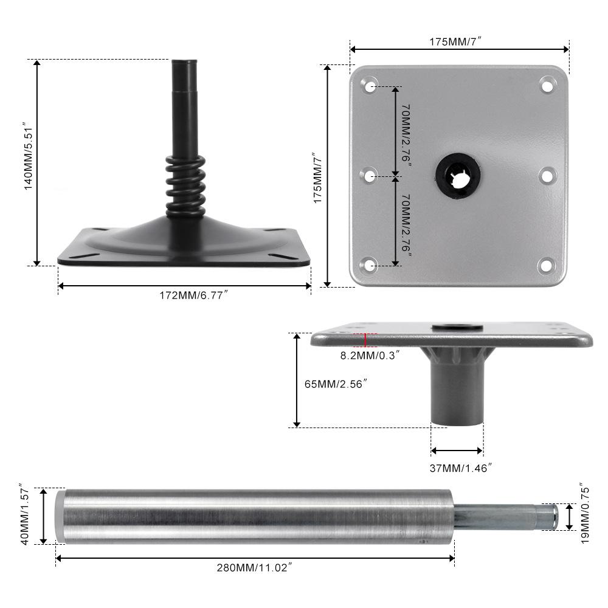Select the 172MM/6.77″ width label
[193, 295]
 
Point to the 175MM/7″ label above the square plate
[459, 41]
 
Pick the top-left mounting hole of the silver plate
[369, 85]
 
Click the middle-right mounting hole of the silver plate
[546, 175]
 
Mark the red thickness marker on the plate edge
[365, 340]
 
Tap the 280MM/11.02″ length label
[255, 568]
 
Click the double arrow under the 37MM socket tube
[457, 451]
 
